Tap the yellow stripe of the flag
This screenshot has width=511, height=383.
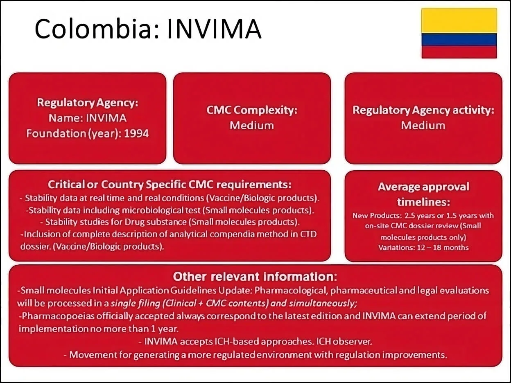click(x=459, y=20)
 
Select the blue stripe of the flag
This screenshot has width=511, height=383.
click(x=459, y=40)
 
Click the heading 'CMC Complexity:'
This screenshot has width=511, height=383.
click(x=252, y=110)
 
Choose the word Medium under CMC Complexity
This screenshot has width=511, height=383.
click(x=252, y=125)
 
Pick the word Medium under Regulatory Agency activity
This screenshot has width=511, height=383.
click(x=423, y=125)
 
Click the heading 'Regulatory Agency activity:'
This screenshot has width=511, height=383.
click(x=423, y=110)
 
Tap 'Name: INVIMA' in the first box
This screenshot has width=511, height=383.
click(x=88, y=118)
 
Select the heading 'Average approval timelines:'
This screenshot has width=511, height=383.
click(x=423, y=194)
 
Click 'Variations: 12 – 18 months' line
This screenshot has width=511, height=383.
click(x=423, y=247)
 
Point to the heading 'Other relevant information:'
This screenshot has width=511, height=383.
click(x=255, y=277)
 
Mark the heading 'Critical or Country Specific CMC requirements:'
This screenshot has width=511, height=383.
click(x=170, y=185)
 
